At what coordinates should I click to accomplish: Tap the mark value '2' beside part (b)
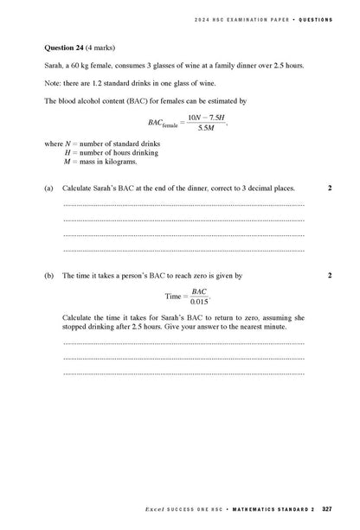[330, 275]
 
